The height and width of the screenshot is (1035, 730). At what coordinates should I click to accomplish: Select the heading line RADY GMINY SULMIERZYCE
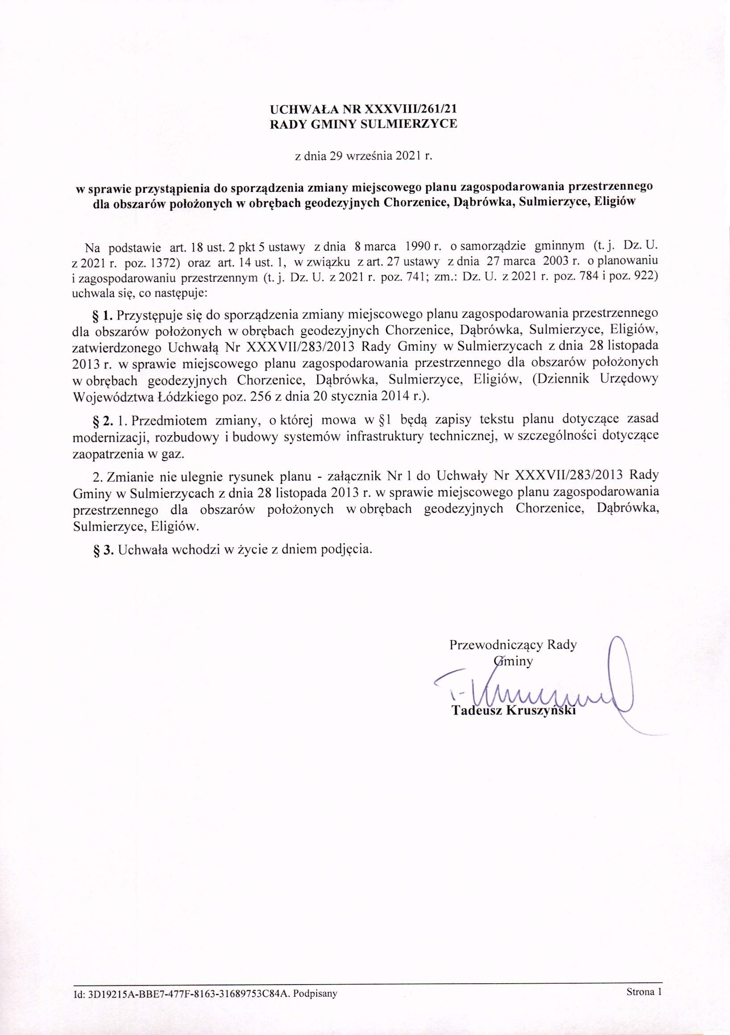363,124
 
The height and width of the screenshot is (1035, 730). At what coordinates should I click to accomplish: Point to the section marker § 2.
102,420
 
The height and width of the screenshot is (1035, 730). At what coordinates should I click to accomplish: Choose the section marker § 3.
102,549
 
